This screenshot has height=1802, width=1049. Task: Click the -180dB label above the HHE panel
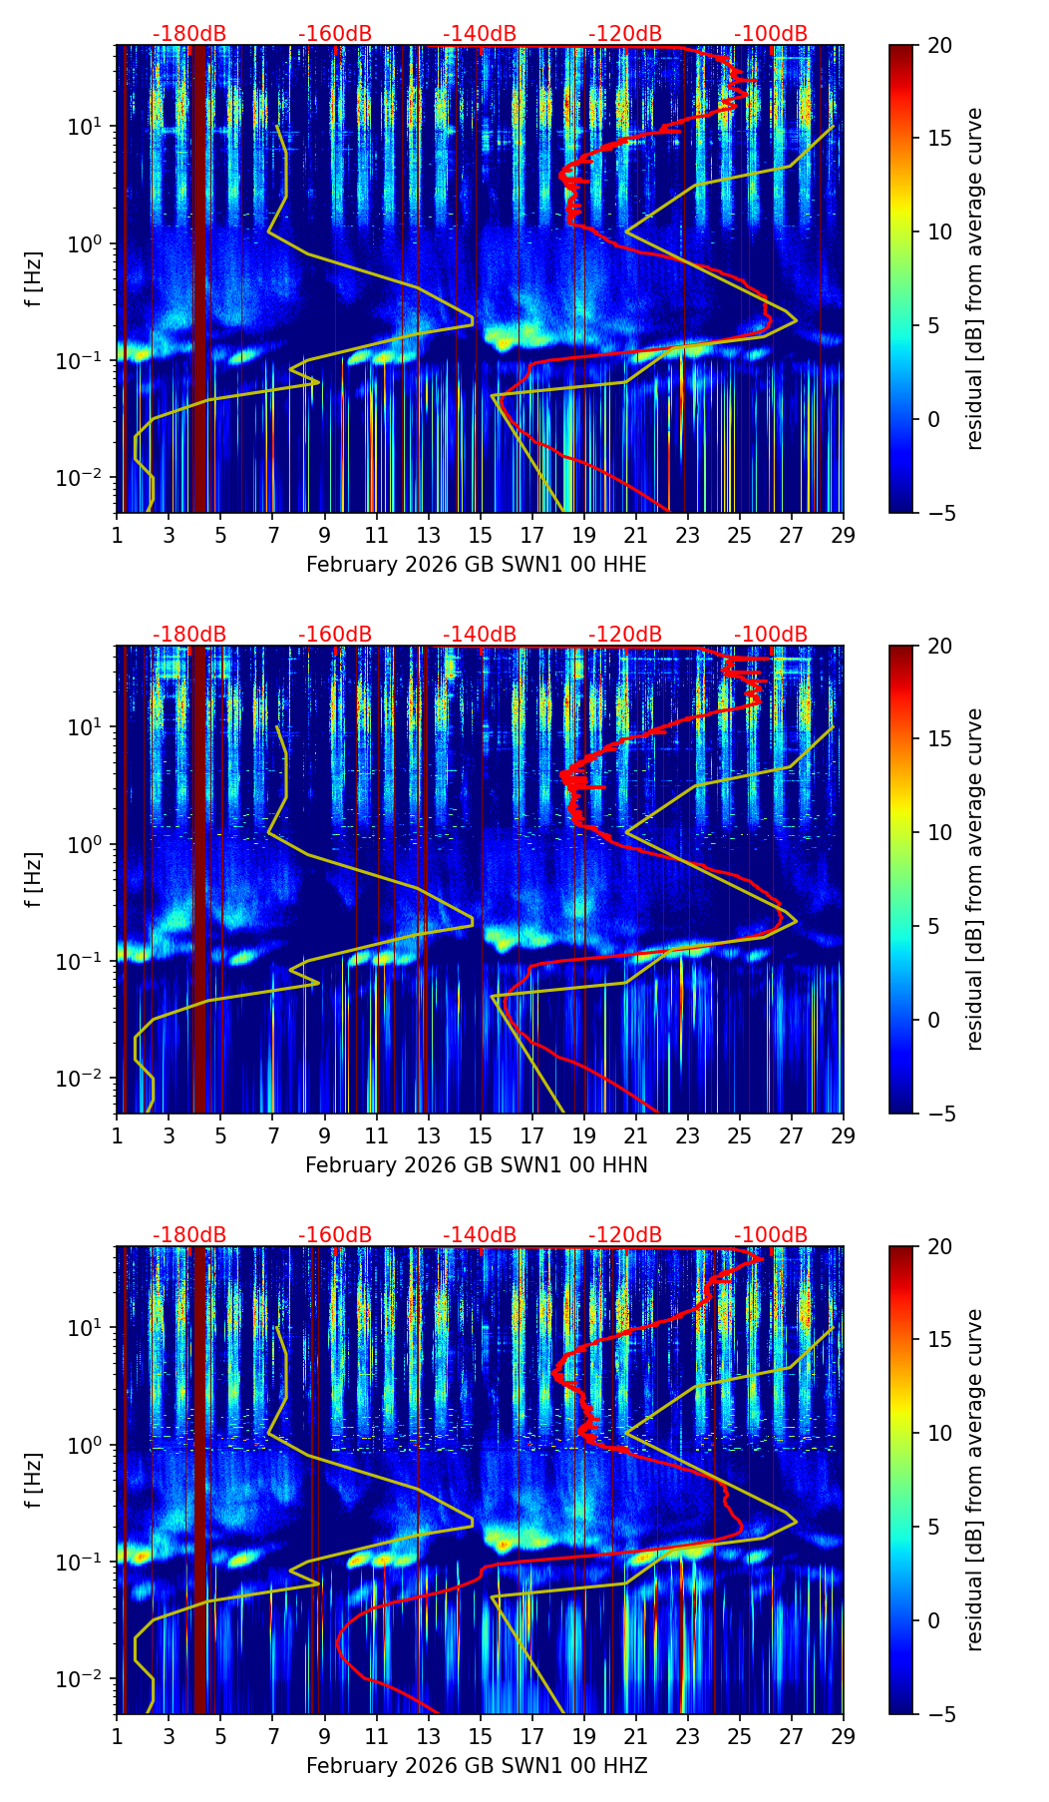pos(189,34)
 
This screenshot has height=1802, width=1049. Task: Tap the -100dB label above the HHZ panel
pos(771,1235)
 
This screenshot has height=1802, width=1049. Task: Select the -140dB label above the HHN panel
pos(480,635)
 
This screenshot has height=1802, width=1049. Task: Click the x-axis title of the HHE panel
pos(476,565)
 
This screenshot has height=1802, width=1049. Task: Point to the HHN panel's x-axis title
pos(476,1165)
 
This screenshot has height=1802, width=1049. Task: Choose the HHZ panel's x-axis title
pos(476,1766)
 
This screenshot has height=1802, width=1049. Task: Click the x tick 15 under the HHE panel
pos(480,535)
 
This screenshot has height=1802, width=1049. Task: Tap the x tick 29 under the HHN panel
pos(844,1135)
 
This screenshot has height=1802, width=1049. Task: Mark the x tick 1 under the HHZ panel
pos(117,1736)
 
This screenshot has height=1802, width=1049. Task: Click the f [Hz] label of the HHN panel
pos(34,879)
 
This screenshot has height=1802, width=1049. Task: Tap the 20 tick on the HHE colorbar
pos(939,45)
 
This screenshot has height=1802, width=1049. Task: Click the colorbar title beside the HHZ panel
pos(975,1479)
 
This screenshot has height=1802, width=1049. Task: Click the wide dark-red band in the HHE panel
pos(200,279)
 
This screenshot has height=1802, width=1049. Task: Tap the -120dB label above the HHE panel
pos(625,34)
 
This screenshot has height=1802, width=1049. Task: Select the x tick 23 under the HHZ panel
pos(688,1736)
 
